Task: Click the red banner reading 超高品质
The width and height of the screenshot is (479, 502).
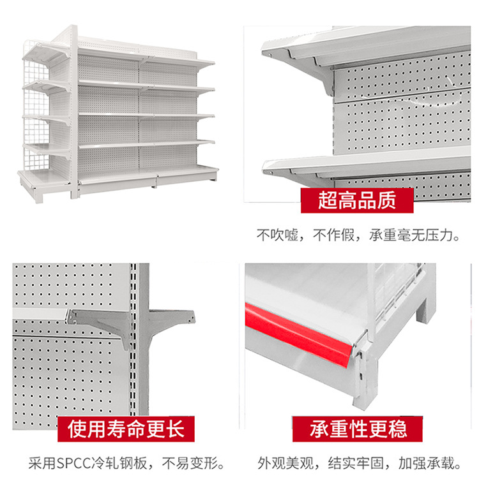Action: [x=357, y=200]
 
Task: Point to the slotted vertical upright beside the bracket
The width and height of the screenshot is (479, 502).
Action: [x=133, y=344]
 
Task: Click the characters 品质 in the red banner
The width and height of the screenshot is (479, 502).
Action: [x=377, y=200]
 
